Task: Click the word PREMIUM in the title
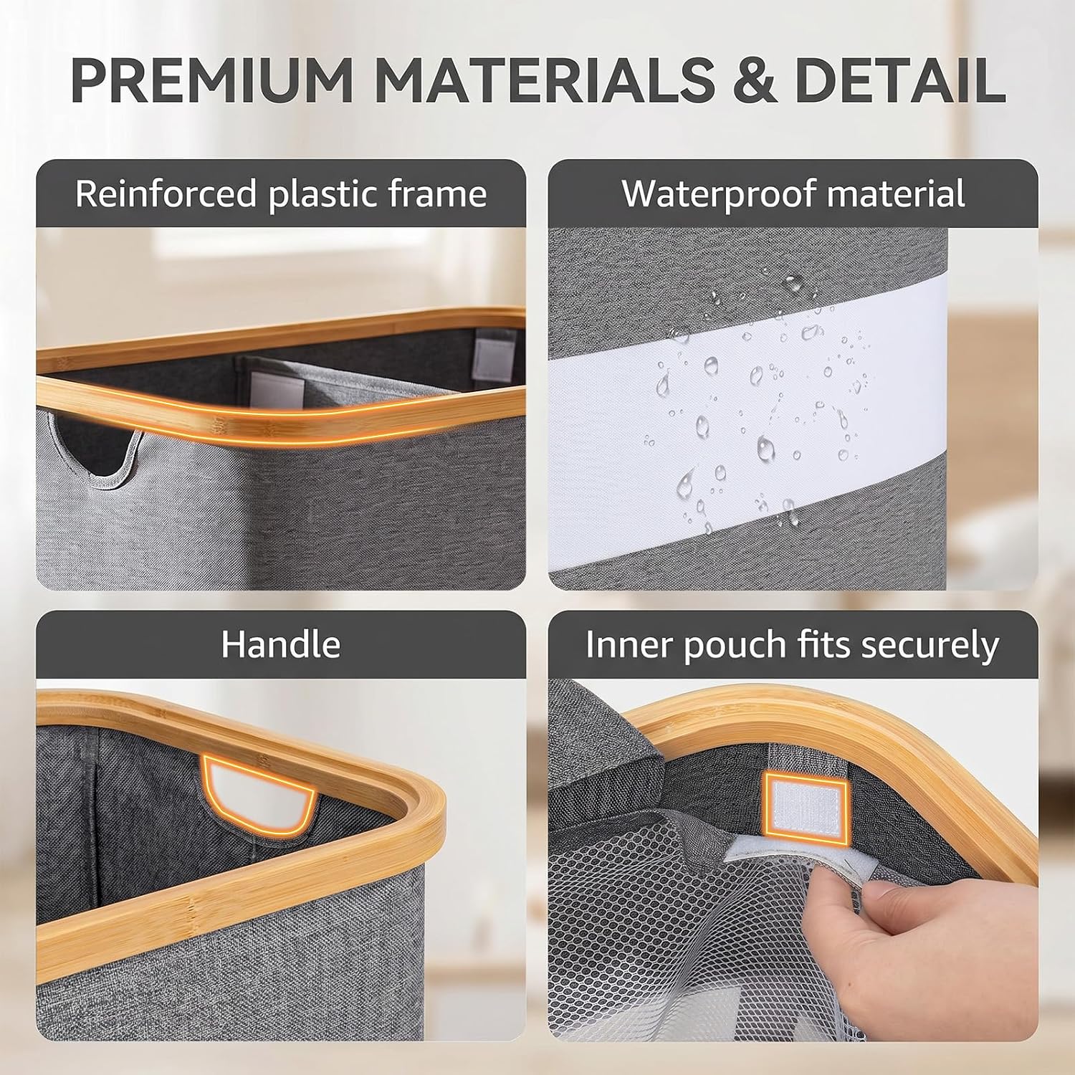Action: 211,79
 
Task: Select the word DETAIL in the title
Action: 899,79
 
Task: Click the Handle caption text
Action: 280,644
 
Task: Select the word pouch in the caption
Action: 735,646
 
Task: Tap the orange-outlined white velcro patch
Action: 806,803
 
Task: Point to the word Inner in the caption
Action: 628,645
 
